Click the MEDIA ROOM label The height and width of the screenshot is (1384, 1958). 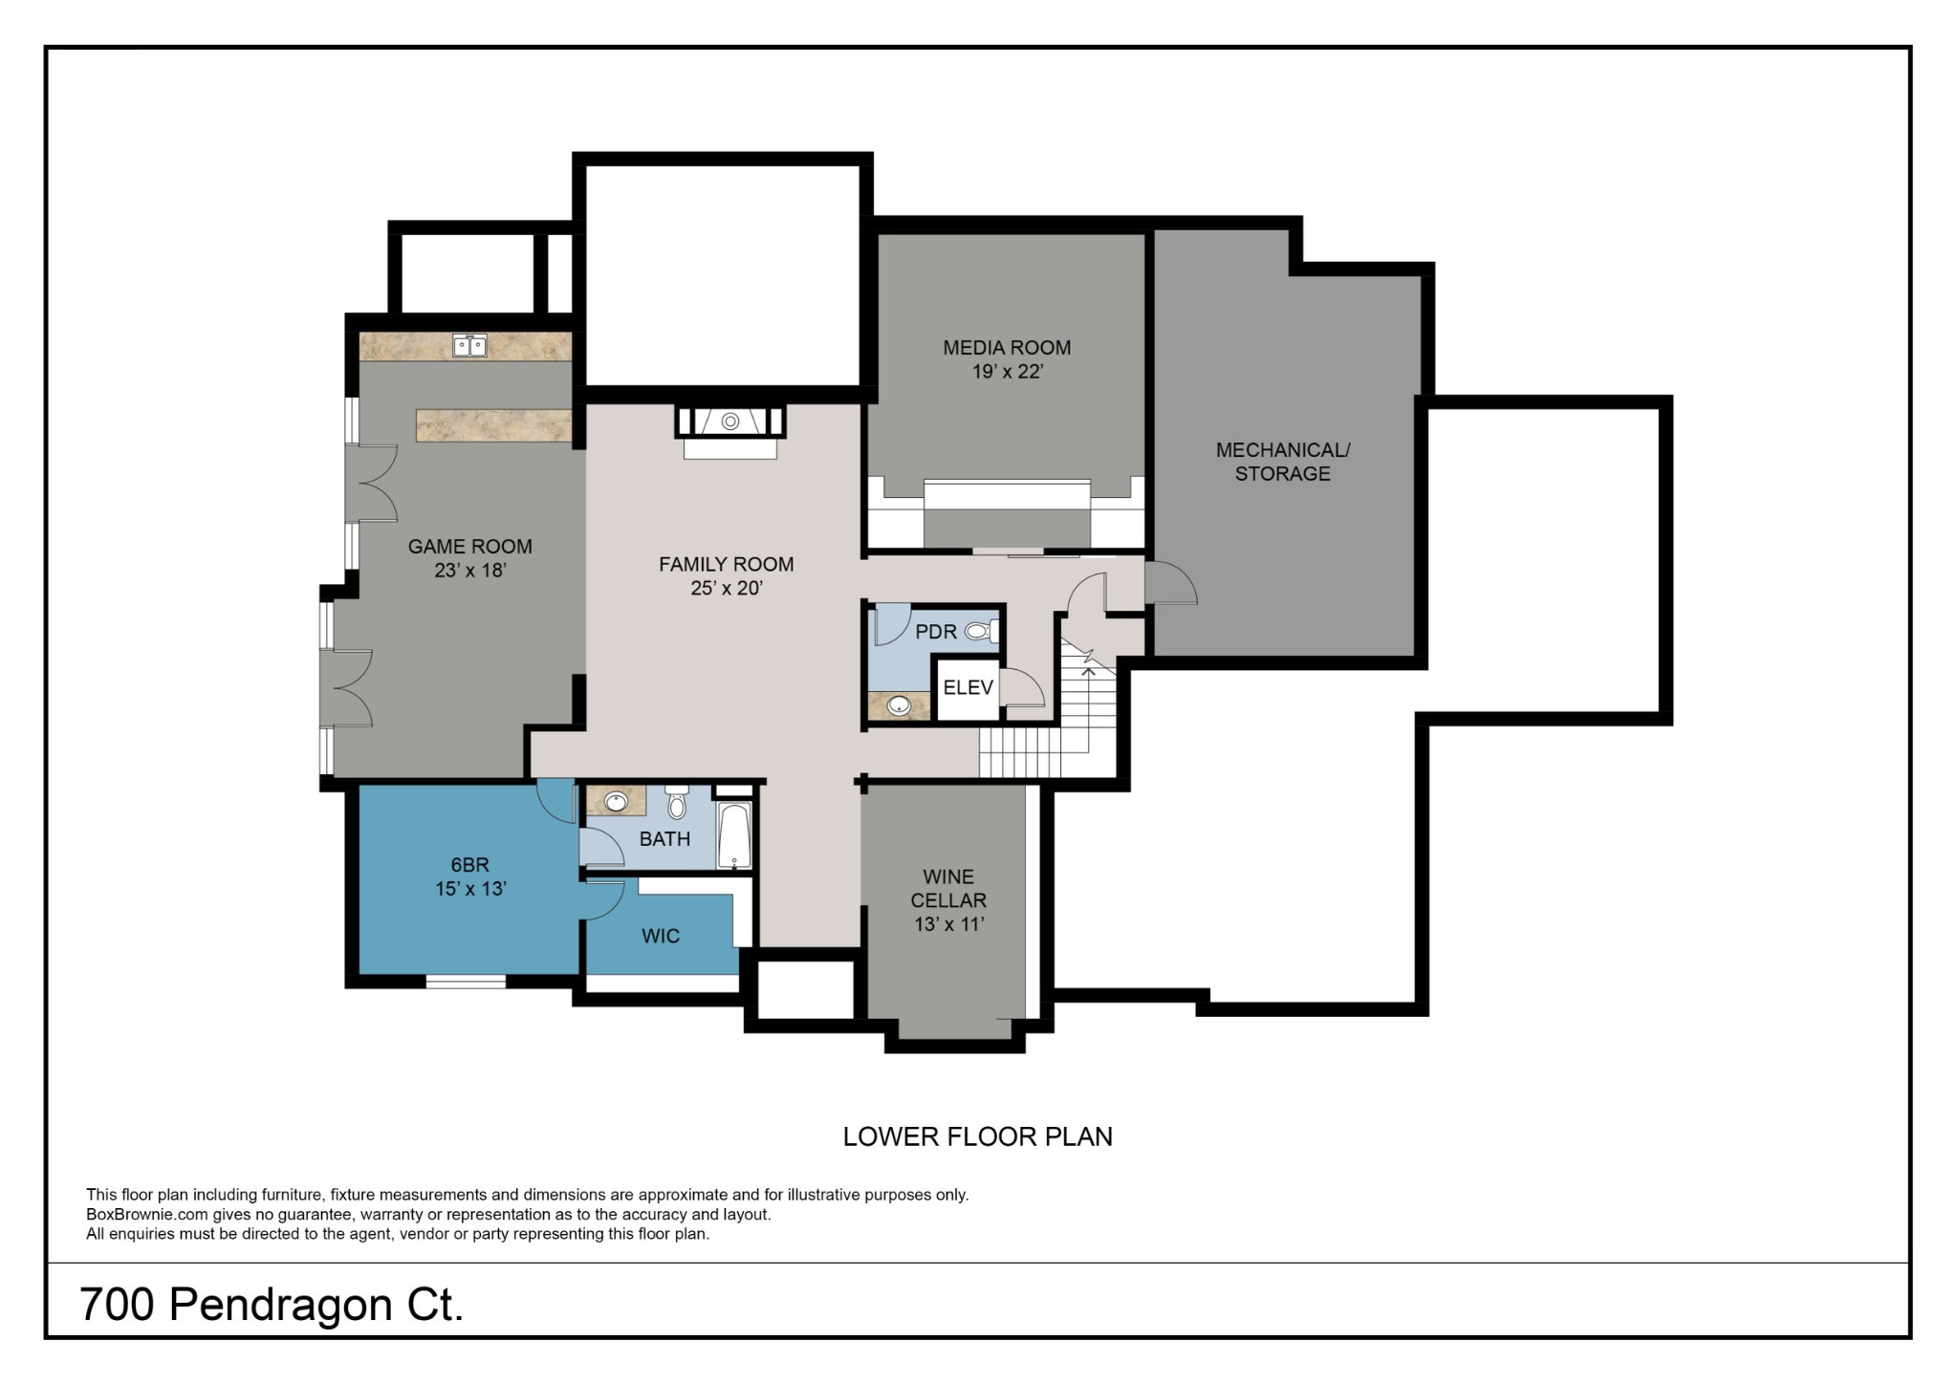pyautogui.click(x=1007, y=348)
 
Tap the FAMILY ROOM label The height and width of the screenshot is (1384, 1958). pyautogui.click(x=727, y=564)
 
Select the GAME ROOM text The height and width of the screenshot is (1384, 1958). pyautogui.click(x=469, y=547)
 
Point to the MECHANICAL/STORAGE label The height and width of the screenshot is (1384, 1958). pyautogui.click(x=1282, y=462)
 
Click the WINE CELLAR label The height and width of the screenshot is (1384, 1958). pyautogui.click(x=948, y=888)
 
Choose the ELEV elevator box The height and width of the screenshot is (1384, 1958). pyautogui.click(x=968, y=688)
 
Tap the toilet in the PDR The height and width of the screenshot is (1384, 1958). pyautogui.click(x=982, y=631)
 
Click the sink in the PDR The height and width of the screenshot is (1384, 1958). pyautogui.click(x=899, y=705)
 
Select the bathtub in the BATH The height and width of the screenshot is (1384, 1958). pyautogui.click(x=734, y=835)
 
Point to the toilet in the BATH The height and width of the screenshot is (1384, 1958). pyautogui.click(x=677, y=803)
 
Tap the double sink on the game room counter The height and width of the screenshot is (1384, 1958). pyautogui.click(x=469, y=345)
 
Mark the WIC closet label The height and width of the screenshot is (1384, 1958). pyautogui.click(x=661, y=936)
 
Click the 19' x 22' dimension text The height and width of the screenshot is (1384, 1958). pyautogui.click(x=1007, y=372)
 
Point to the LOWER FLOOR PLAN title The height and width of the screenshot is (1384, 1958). pyautogui.click(x=978, y=1136)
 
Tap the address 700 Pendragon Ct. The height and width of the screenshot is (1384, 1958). pyautogui.click(x=272, y=1305)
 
